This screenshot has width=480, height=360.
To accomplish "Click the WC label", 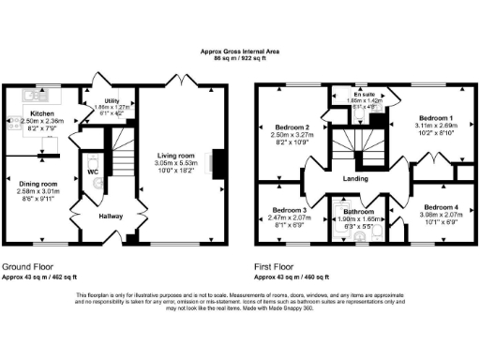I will click(x=93, y=173).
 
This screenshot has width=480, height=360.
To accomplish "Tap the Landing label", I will click(x=353, y=178).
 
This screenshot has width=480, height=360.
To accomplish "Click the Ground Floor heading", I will click(x=29, y=266).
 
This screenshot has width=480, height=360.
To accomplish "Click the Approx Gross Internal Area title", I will click(x=239, y=51).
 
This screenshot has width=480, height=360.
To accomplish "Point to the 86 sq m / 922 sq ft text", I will click(x=239, y=59).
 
